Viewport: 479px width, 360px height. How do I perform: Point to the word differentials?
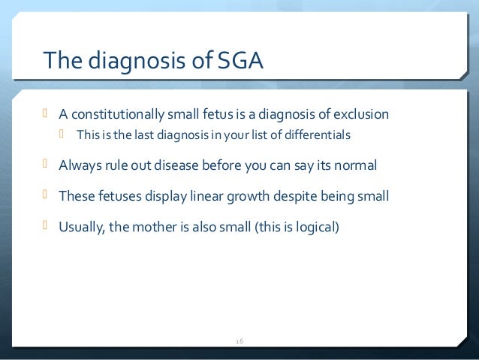tap(319, 135)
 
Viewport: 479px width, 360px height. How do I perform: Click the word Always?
tap(79, 165)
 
